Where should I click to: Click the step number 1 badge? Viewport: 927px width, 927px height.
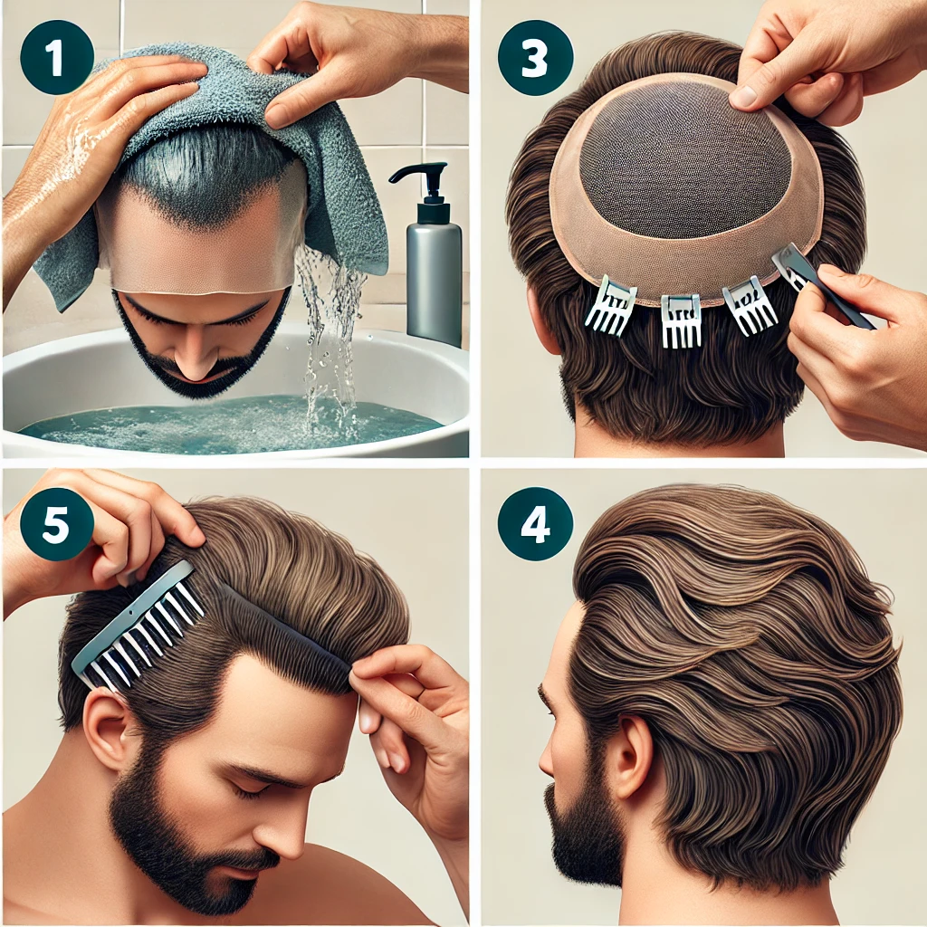56,57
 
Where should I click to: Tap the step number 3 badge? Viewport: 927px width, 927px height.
535,57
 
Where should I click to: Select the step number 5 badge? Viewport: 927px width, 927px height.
56,524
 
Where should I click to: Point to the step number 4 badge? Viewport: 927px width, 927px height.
535,524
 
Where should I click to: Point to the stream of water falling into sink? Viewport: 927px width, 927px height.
328,337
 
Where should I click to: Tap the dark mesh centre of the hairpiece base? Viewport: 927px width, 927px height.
686,159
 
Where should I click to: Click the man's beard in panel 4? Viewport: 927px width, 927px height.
582,827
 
